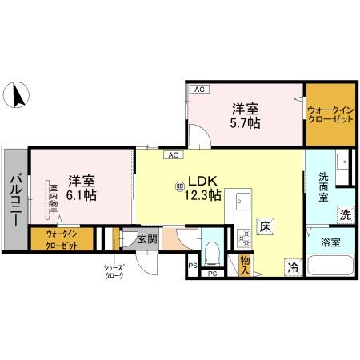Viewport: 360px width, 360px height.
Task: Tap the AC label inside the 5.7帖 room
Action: [x=199, y=90]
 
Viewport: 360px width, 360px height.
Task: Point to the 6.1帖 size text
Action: [x=82, y=194]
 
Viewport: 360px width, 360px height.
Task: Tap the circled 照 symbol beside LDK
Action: [x=179, y=186]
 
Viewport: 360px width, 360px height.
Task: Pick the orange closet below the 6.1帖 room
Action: [x=62, y=238]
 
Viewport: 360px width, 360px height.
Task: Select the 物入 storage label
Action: [x=246, y=263]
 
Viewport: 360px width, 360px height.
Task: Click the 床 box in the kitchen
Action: [x=264, y=227]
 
